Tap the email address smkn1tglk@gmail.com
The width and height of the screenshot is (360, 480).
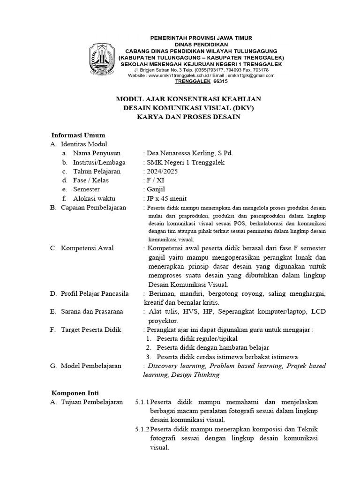coord(251,75)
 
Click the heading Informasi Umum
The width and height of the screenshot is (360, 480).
coord(78,135)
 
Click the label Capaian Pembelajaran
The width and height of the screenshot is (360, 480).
coord(93,207)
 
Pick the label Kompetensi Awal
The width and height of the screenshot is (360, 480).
coord(87,248)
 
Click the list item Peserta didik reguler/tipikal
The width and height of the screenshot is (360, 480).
coord(197,338)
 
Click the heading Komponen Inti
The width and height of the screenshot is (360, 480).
coord(75,392)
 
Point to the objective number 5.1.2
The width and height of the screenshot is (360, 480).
coord(142,429)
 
